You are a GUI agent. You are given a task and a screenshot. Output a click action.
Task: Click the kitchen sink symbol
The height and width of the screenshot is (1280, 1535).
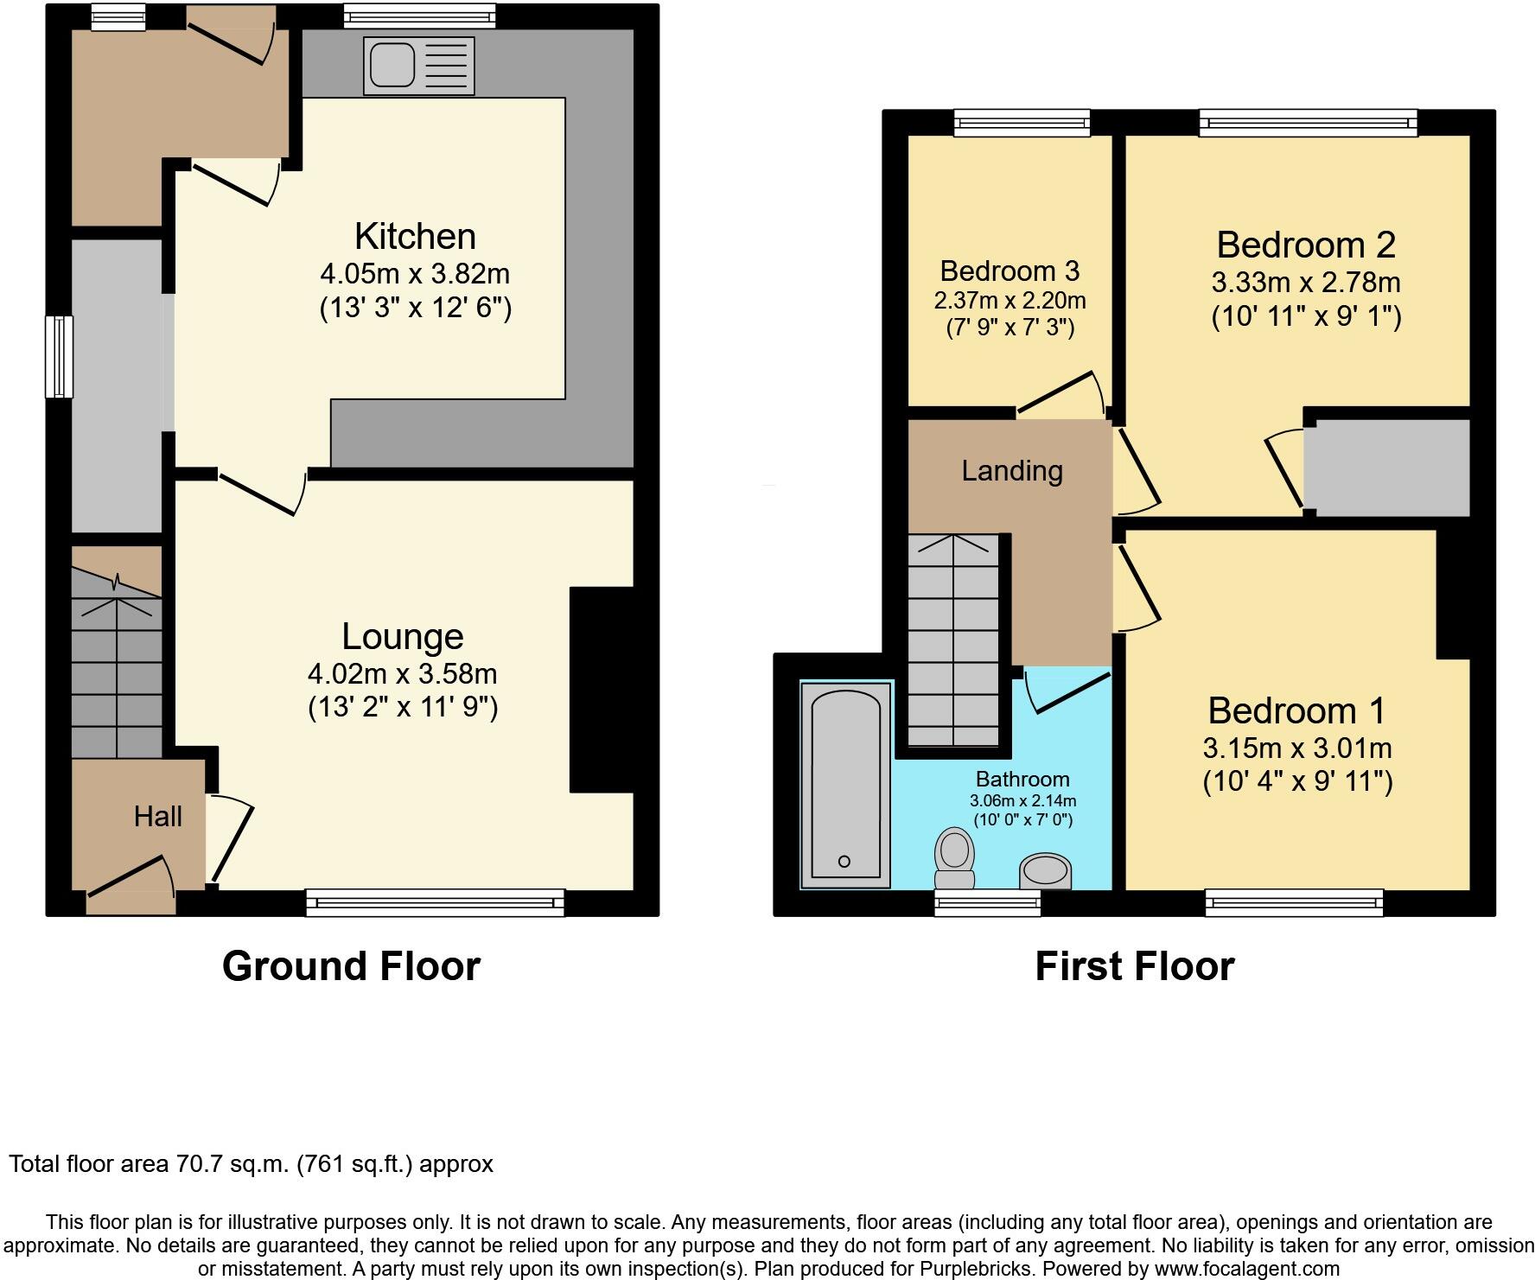419,65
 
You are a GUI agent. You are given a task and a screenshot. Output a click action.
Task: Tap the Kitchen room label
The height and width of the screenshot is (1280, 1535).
415,237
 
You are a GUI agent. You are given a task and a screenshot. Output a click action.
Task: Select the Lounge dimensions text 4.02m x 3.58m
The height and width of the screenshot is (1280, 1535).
402,673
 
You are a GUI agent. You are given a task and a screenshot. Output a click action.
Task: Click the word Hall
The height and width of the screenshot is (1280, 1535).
157,816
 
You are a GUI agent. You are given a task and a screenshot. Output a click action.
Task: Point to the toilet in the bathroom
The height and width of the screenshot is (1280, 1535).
955,857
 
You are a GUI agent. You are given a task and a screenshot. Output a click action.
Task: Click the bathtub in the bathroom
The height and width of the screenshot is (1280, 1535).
845,784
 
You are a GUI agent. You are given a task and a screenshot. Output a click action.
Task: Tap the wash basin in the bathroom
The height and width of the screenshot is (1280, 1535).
1046,870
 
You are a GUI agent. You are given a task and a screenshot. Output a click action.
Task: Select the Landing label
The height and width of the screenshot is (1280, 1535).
1012,471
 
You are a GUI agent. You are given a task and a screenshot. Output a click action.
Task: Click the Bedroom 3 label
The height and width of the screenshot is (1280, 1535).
1010,271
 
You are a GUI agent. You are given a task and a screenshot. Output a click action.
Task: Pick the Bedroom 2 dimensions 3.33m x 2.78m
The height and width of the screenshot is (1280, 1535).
1305,283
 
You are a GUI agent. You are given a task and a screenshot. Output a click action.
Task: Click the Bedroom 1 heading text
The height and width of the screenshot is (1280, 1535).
1296,710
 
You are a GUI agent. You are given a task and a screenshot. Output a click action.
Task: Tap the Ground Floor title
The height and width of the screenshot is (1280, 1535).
351,965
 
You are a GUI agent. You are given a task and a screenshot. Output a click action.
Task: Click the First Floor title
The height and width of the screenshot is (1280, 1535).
1134,965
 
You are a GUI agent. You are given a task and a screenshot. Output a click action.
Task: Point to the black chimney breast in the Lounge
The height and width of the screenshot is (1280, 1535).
602,689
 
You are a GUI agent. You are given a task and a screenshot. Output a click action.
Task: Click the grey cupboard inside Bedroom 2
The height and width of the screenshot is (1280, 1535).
1386,468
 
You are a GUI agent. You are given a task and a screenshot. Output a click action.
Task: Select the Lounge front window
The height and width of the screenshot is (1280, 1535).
435,903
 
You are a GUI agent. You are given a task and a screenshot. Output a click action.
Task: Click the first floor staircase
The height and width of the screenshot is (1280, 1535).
953,640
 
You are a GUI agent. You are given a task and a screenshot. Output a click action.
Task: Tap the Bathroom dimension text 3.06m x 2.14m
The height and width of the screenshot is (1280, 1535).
1022,800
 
